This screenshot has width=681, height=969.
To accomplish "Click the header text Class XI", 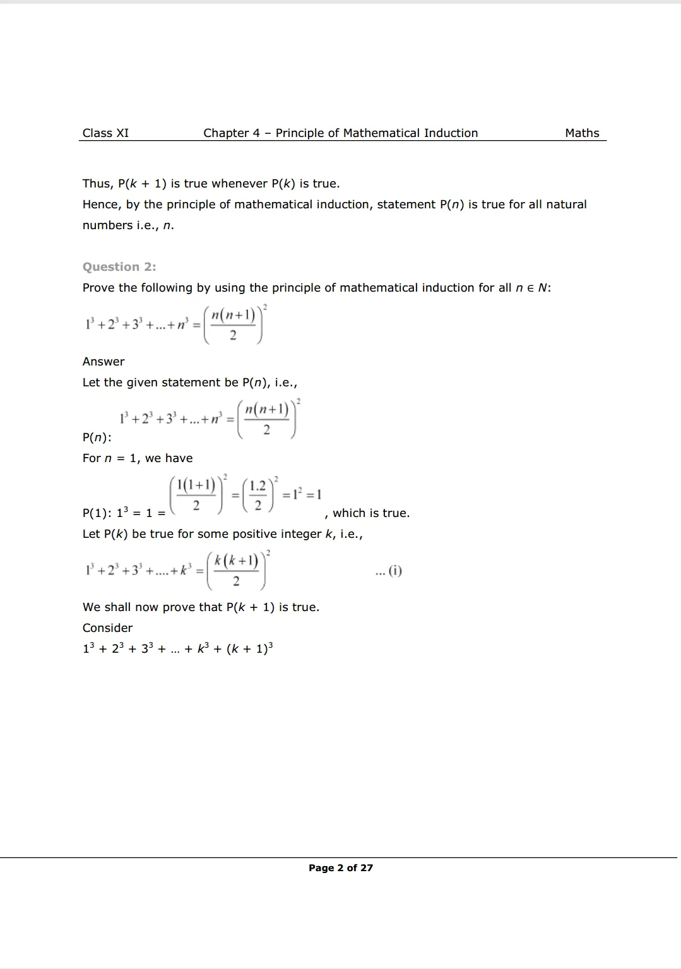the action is (105, 133).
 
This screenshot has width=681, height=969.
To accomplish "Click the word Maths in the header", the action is (582, 133).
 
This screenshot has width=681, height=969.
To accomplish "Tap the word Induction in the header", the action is (451, 133).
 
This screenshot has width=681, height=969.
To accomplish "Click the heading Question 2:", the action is (119, 267).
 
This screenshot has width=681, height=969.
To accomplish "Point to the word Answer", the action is (104, 362).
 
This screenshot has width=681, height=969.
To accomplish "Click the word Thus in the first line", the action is (97, 184).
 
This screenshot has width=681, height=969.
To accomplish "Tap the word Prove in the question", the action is (98, 288).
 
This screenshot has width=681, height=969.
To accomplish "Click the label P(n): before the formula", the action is (97, 437).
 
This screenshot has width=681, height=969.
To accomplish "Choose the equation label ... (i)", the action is (388, 571).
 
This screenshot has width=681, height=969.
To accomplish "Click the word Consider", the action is (107, 628).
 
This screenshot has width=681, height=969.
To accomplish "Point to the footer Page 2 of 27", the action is (340, 868).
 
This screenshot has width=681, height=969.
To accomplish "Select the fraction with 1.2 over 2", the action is (258, 495).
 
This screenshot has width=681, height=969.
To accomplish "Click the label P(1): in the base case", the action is (97, 513).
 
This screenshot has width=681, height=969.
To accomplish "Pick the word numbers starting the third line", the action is (108, 225).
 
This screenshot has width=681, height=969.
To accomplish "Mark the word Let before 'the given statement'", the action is (92, 383).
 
